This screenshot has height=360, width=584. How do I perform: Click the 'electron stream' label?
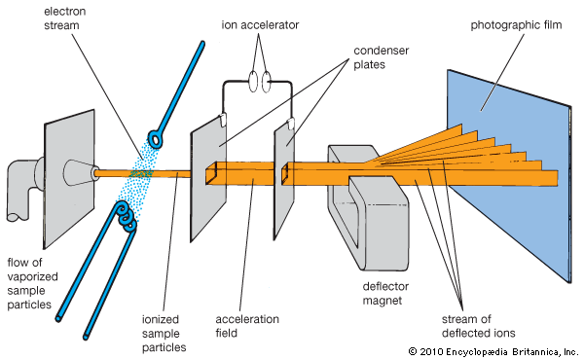pos(65,18)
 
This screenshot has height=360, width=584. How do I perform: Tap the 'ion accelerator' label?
pos(260,25)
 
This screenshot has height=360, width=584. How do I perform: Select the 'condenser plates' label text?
pos(381,57)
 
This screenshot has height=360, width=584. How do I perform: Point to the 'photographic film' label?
pos(516,25)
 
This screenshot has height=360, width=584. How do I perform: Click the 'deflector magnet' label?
pos(385,294)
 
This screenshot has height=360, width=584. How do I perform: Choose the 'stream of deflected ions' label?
pos(479,326)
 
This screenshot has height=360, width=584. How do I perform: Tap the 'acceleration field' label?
pos(247,326)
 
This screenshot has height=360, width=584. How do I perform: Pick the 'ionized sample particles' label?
pos(164,333)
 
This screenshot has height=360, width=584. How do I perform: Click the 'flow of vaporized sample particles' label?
pos(32,283)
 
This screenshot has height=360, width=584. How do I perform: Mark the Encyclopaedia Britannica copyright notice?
pos(493,351)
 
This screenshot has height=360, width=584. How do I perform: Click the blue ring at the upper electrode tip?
pos(156,139)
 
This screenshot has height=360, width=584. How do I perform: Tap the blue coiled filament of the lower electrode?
pos(127,216)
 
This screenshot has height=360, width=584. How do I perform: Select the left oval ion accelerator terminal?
pos(253,82)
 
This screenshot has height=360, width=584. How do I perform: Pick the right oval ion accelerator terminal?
pos(266,82)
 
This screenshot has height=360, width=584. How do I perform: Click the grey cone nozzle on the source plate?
pos(81,173)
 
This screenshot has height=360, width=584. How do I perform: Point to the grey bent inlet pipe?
pos(25,190)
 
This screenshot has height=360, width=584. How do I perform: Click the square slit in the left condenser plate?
pos(211,174)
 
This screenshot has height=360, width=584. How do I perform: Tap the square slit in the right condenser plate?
pos(285,173)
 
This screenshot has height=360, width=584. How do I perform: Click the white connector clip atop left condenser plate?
pos(222,119)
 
